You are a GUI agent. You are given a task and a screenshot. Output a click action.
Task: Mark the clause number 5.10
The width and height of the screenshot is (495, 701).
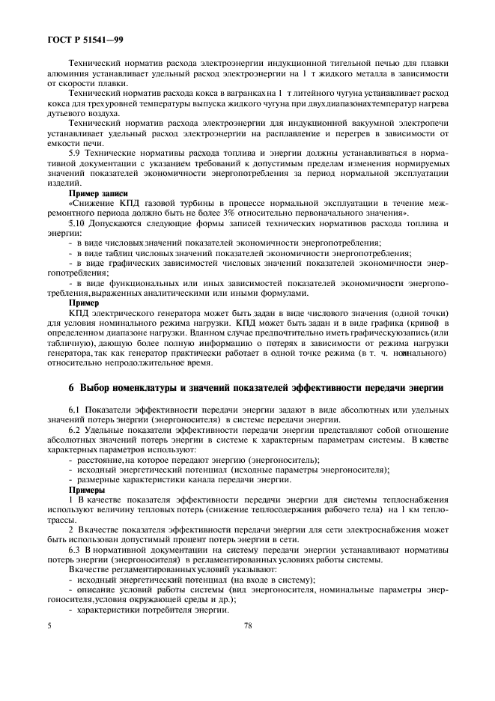pyautogui.click(x=78, y=223)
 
